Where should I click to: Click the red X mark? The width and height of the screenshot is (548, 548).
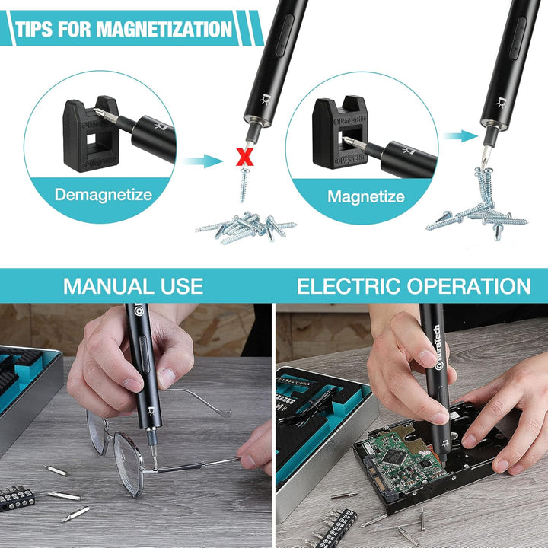tap(244, 157)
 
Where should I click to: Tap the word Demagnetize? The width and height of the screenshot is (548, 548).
tap(104, 195)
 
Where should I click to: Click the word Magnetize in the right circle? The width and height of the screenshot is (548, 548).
tap(366, 196)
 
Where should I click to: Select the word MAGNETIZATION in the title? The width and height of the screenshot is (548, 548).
tap(164, 29)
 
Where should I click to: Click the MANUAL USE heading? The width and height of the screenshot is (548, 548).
tap(133, 286)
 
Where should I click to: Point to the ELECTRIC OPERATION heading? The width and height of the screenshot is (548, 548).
tap(414, 286)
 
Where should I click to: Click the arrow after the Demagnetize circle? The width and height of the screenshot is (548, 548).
tap(202, 161)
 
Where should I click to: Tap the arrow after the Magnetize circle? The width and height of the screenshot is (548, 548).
tap(460, 136)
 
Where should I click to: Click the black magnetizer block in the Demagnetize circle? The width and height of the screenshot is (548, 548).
tap(91, 134)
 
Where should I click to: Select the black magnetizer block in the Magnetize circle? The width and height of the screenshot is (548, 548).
tap(339, 132)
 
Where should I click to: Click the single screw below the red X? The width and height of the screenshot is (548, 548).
tap(244, 184)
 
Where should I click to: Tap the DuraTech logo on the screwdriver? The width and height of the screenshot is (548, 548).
tap(437, 347)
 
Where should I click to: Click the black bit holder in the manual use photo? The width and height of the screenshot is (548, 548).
tap(17, 499)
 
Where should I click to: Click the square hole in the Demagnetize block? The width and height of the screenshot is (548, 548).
tap(91, 139)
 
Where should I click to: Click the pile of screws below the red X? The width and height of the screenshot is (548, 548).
tap(247, 227)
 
